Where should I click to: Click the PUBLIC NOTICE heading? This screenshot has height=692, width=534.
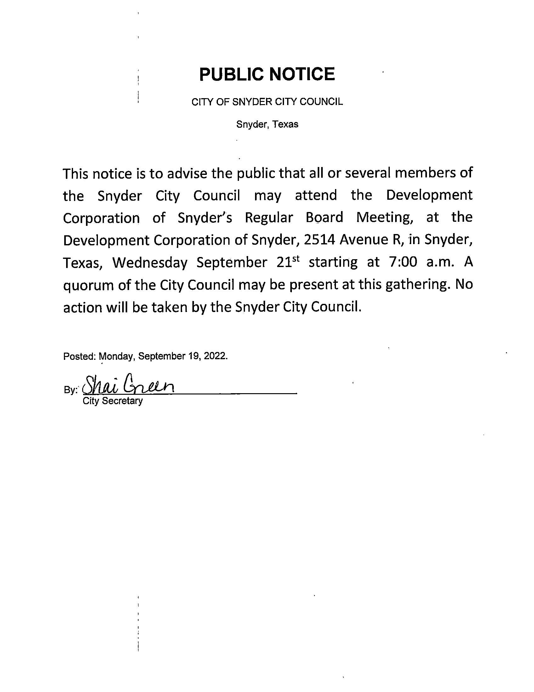(x=267, y=74)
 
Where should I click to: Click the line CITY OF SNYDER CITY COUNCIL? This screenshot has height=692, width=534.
(x=267, y=102)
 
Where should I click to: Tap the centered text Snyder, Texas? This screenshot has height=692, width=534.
(x=267, y=124)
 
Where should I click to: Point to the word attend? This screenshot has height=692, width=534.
(x=316, y=195)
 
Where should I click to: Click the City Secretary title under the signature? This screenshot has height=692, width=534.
(x=113, y=401)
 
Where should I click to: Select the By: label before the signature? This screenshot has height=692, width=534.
(x=71, y=390)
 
